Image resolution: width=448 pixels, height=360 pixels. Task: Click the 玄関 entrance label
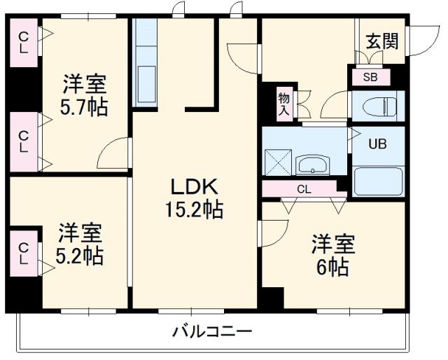click(x=381, y=41)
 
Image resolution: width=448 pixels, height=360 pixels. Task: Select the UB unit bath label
click(x=377, y=145)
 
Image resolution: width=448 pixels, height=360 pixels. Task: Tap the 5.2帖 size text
click(x=79, y=255)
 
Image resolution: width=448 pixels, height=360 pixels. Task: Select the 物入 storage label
click(x=283, y=104)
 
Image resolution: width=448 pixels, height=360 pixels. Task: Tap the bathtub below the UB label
click(x=379, y=181)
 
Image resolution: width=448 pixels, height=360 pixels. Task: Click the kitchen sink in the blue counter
click(x=147, y=79)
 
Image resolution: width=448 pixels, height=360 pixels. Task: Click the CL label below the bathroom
click(x=303, y=189)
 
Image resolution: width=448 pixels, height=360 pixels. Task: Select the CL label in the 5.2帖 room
click(x=23, y=253)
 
